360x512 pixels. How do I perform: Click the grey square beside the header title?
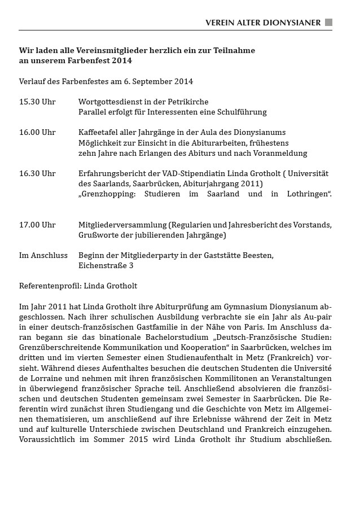click(x=328, y=23)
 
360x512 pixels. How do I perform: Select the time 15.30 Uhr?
click(x=37, y=102)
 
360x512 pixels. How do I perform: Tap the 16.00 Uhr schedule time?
click(x=37, y=132)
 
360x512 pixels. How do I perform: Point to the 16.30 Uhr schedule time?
click(x=37, y=173)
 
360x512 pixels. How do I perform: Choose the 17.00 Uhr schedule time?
click(x=37, y=225)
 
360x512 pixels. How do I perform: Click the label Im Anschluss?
click(x=41, y=255)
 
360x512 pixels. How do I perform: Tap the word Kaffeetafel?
click(x=99, y=132)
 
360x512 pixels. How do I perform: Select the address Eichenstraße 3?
click(x=106, y=265)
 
